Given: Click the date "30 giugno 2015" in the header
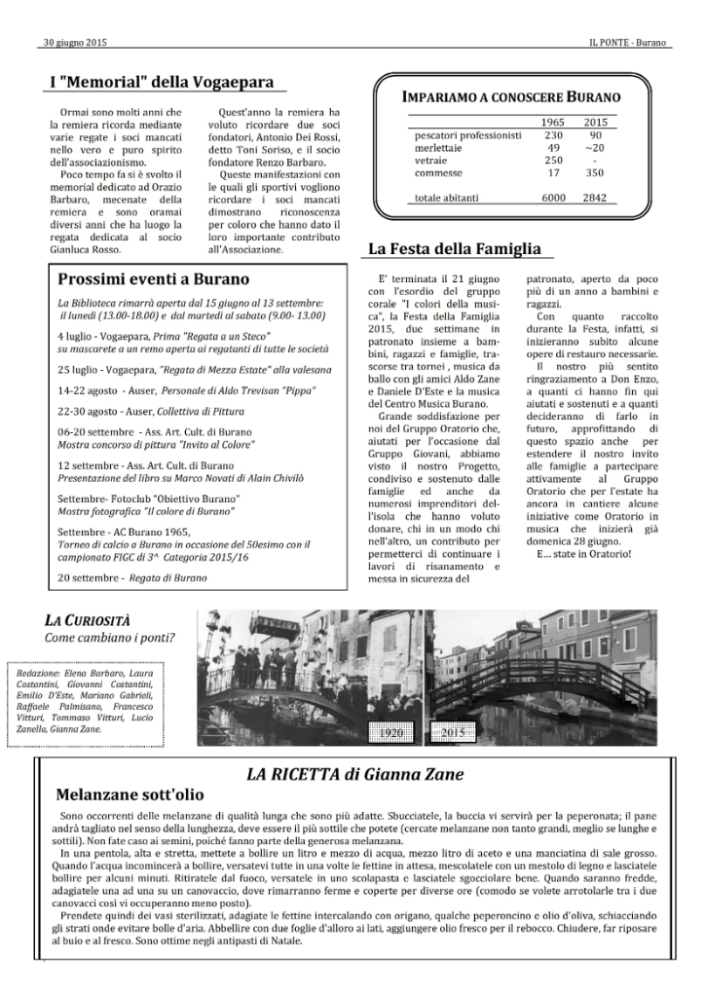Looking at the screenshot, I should click(x=75, y=43).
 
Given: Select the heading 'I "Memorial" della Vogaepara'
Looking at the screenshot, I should click(x=161, y=83).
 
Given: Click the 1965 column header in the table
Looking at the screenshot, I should click(x=553, y=121).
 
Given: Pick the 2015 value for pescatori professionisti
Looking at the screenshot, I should click(x=596, y=134).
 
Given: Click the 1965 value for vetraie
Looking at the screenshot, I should click(x=553, y=160).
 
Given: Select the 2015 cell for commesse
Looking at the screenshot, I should click(x=596, y=172).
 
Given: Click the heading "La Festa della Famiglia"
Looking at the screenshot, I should click(x=454, y=249).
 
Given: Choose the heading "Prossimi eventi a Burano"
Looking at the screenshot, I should click(x=154, y=278).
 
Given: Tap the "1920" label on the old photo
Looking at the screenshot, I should click(x=394, y=731).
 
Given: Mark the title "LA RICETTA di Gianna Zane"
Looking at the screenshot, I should click(x=354, y=774).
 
